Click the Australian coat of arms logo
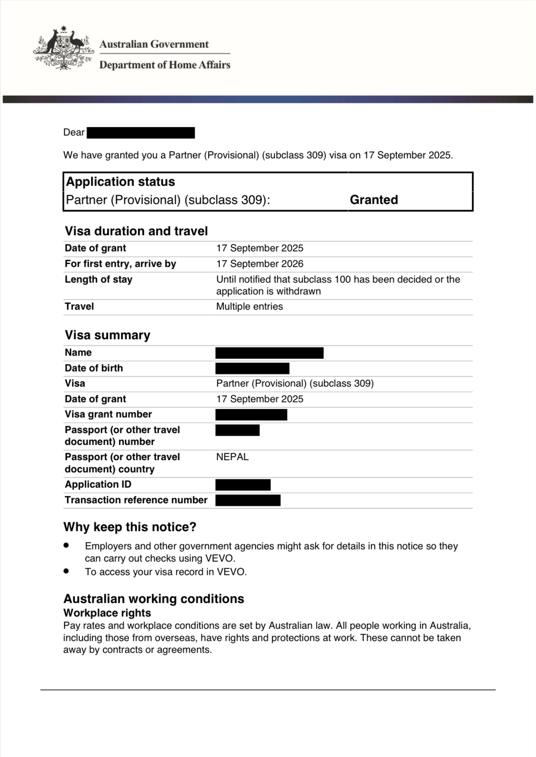click(x=63, y=48)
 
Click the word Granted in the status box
click(x=374, y=199)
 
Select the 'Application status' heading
click(x=120, y=182)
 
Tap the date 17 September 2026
click(x=260, y=264)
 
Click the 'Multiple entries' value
click(x=249, y=306)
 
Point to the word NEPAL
click(x=232, y=457)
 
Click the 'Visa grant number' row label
click(x=108, y=414)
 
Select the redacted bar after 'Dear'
click(x=141, y=133)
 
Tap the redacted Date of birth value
click(x=252, y=368)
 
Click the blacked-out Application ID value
click(x=243, y=485)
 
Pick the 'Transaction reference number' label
click(x=136, y=500)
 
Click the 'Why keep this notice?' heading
click(x=130, y=527)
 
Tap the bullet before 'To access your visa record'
click(x=66, y=571)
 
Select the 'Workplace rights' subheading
click(x=107, y=613)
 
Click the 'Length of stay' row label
click(x=98, y=279)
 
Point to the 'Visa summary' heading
click(x=107, y=335)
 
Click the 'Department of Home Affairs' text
click(x=165, y=65)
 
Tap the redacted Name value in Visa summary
click(x=269, y=353)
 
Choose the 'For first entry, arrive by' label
click(x=120, y=264)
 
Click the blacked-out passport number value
click(x=238, y=430)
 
